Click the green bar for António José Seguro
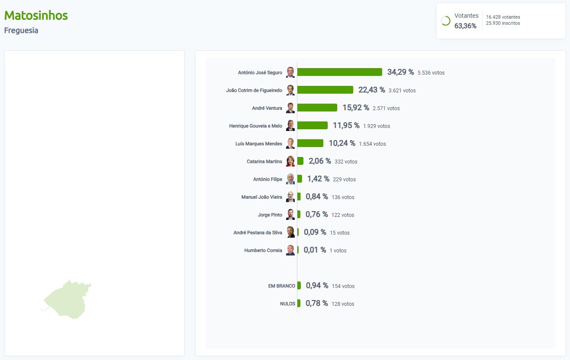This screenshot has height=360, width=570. [339, 72]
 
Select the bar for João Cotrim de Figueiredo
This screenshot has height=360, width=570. [325, 90]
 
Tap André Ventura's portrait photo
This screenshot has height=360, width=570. [290, 108]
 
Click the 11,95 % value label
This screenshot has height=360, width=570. [346, 126]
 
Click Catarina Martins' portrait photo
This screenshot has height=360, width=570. [290, 161]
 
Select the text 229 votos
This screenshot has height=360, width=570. [344, 180]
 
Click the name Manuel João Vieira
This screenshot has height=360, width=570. [261, 197]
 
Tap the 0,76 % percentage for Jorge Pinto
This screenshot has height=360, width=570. [316, 215]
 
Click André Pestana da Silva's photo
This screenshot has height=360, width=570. [290, 232]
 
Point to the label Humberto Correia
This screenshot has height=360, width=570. [263, 251]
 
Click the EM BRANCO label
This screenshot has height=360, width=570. [282, 286]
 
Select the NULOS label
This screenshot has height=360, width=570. [287, 304]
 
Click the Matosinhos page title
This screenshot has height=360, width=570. [36, 16]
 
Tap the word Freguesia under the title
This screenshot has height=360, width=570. [21, 31]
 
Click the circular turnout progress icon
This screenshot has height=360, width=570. [446, 21]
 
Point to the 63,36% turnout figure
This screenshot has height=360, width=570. [465, 26]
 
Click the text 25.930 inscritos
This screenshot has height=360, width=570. [503, 23]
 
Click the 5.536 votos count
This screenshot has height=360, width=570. [431, 73]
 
